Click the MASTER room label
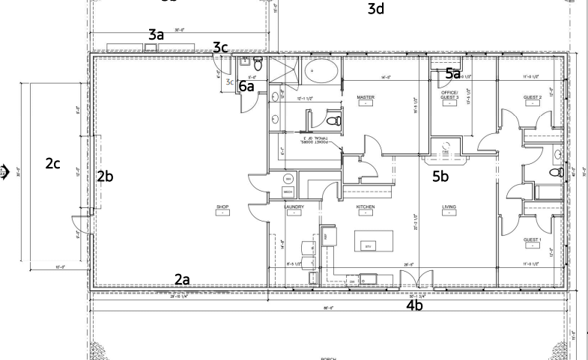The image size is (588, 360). tap(366, 97)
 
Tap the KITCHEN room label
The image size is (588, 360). tap(366, 207)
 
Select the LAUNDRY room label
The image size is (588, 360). tap(294, 207)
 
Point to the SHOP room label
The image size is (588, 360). tap(222, 207)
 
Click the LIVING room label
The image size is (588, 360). tap(449, 207)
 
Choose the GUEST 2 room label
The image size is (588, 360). tap(532, 97)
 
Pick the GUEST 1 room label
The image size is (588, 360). tap(532, 240)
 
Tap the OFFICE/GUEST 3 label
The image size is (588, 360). tap(449, 95)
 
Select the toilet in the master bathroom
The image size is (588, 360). tap(336, 120)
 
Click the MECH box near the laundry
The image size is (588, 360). tap(288, 192)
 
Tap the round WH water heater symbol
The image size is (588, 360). tap(288, 180)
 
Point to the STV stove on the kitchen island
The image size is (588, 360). tap(368, 245)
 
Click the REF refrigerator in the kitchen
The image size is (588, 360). tap(327, 237)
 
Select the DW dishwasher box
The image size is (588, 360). tap(352, 281)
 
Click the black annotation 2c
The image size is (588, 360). tap(52, 165)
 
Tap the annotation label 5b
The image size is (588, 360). tap(440, 177)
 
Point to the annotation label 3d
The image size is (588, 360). tap(375, 9)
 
